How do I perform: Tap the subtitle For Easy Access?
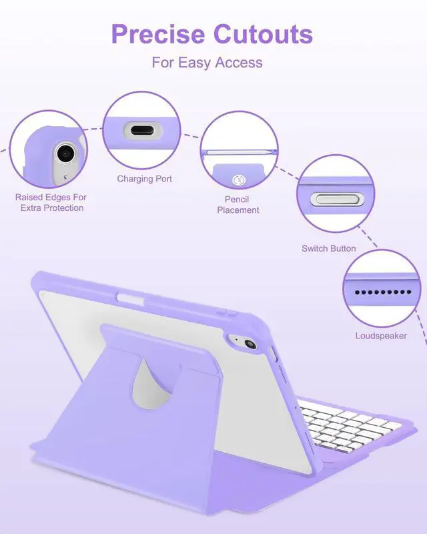[x=207, y=63]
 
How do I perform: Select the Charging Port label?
[x=145, y=179]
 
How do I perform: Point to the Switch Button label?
[x=329, y=248]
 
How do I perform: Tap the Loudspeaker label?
[x=381, y=336]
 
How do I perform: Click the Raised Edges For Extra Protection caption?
[x=51, y=202]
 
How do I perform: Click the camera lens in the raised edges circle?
[x=65, y=153]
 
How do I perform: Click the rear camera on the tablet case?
[x=251, y=344]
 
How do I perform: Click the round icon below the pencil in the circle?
[x=238, y=180]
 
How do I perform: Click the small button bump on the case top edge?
[x=229, y=311]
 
